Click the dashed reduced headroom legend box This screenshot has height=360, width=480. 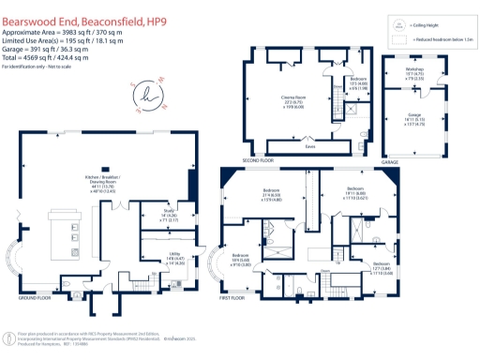[x=400, y=40]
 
